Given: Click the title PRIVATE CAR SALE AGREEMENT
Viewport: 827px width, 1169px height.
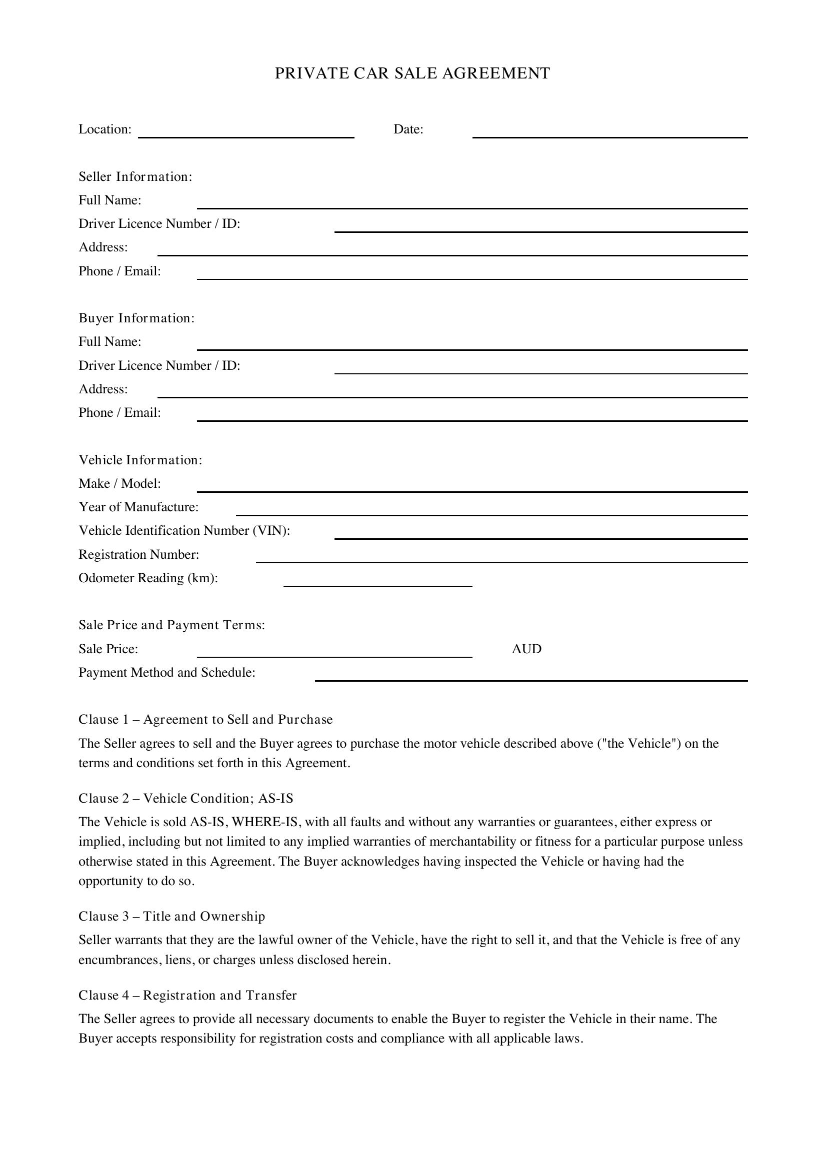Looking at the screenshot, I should click(x=412, y=73).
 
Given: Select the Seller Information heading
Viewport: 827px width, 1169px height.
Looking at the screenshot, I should click(x=135, y=176).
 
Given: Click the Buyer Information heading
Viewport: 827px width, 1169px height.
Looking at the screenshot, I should click(x=136, y=318).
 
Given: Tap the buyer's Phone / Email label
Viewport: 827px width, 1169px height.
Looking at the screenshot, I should click(x=119, y=412).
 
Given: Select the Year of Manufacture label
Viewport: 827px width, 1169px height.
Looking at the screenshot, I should click(x=138, y=507).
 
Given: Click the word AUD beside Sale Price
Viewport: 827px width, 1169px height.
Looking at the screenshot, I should click(x=526, y=649).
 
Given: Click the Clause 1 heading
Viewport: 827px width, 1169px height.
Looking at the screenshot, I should click(x=205, y=719).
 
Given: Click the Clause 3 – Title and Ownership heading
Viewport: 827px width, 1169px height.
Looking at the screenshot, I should click(x=171, y=917).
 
